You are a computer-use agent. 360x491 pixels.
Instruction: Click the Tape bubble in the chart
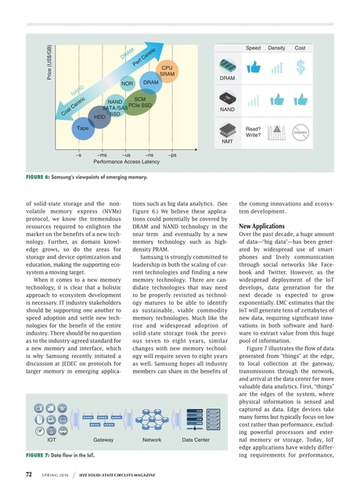click(82, 127)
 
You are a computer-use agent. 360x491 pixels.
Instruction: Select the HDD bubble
click(99, 116)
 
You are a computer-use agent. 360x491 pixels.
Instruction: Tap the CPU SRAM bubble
click(167, 70)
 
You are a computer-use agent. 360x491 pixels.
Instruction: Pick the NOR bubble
click(127, 83)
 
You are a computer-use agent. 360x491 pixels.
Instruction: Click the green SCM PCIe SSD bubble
click(140, 102)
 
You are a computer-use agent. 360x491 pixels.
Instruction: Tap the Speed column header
click(254, 48)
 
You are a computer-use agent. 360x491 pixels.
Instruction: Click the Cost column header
click(300, 48)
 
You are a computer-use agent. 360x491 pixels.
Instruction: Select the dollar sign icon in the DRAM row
click(300, 69)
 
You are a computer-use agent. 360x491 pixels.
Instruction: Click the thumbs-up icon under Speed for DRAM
click(254, 69)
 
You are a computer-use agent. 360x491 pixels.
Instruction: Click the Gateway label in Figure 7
click(103, 441)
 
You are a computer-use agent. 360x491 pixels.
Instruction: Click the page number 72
click(28, 474)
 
